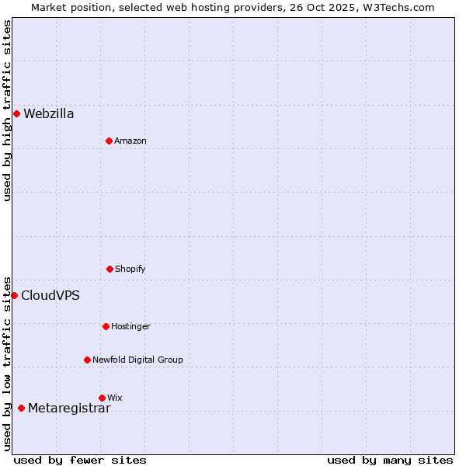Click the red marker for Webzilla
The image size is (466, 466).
16,114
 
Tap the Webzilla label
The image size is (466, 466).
49,114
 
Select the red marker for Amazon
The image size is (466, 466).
109,141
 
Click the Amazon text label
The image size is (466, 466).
130,141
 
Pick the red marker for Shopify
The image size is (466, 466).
110,269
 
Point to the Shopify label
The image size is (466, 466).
130,269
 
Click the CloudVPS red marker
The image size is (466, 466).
14,295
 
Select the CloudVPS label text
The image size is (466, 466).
50,295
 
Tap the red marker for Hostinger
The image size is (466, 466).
106,326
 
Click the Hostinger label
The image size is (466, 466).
130,326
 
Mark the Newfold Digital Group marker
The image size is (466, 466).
87,360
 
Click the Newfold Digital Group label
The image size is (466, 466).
137,360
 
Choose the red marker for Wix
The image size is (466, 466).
102,398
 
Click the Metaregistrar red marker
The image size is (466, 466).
21,409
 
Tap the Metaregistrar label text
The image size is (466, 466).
69,409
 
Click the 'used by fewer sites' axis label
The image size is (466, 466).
80,460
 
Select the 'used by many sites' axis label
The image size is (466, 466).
390,460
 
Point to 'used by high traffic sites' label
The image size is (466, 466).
7,110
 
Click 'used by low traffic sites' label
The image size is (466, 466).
7,363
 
